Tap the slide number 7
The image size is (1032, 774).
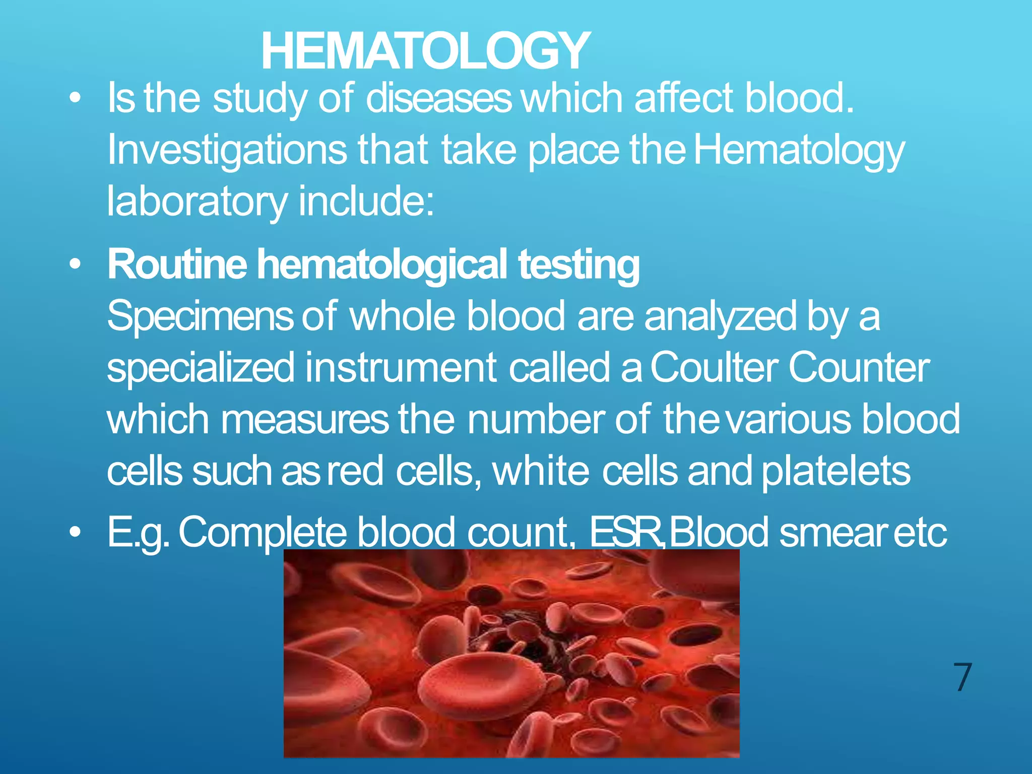pos(962,678)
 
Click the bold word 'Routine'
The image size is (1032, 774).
pos(177,265)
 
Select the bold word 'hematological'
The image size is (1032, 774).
pos(382,265)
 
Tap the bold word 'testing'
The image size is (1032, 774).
pos(579,265)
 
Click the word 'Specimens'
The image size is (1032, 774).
pos(200,316)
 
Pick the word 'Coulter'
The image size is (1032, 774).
pos(714,368)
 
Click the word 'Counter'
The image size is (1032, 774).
pos(859,368)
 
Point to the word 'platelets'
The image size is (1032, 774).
pos(836,471)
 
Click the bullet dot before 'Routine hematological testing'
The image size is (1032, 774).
pos(75,265)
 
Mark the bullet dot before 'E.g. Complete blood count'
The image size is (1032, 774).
pos(75,532)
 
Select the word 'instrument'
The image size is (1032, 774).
pos(401,368)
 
